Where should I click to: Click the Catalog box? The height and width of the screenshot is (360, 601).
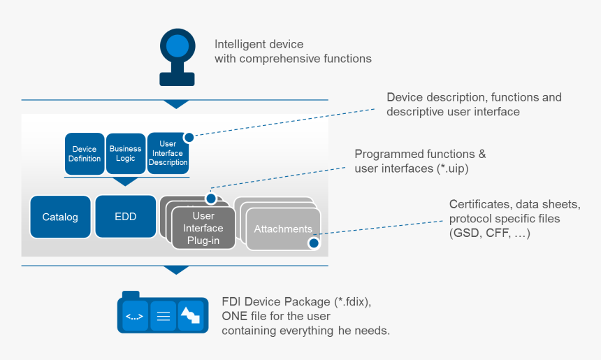60,217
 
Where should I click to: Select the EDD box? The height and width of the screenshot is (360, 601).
125,217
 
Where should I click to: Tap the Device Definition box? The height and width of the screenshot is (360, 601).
85,154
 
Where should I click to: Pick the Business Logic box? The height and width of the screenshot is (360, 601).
126,153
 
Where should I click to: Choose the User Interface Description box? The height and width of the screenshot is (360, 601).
168,154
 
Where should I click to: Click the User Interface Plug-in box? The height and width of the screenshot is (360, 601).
203,228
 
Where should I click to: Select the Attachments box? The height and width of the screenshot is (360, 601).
282,229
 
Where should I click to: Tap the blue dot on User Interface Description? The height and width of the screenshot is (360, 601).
188,138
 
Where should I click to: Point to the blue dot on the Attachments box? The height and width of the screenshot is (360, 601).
313,243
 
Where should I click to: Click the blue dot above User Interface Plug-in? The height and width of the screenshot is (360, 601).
210,199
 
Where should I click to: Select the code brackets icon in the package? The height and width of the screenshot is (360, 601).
134,316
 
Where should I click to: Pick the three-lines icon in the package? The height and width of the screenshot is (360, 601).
163,316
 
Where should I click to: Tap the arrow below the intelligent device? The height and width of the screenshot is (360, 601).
176,104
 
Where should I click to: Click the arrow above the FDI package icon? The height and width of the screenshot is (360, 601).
176,270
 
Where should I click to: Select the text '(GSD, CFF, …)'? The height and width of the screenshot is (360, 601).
489,233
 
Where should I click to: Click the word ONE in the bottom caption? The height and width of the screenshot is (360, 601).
236,316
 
